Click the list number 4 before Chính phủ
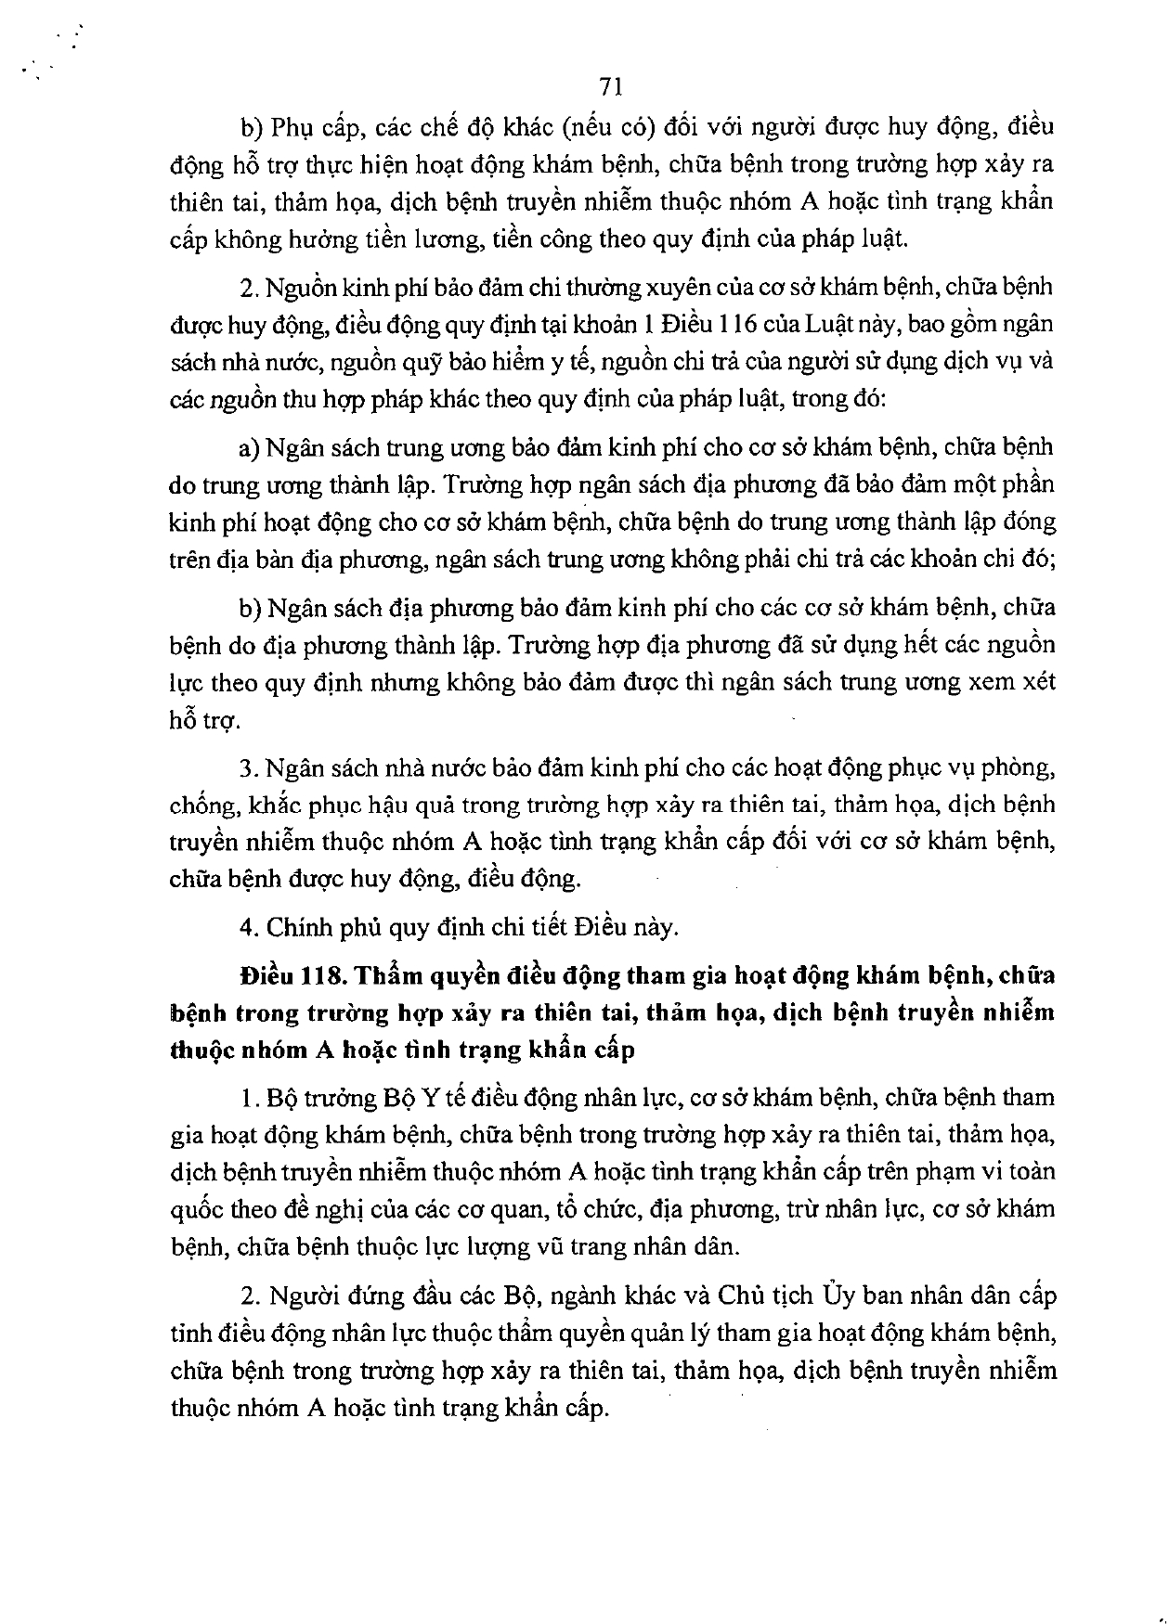(245, 926)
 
